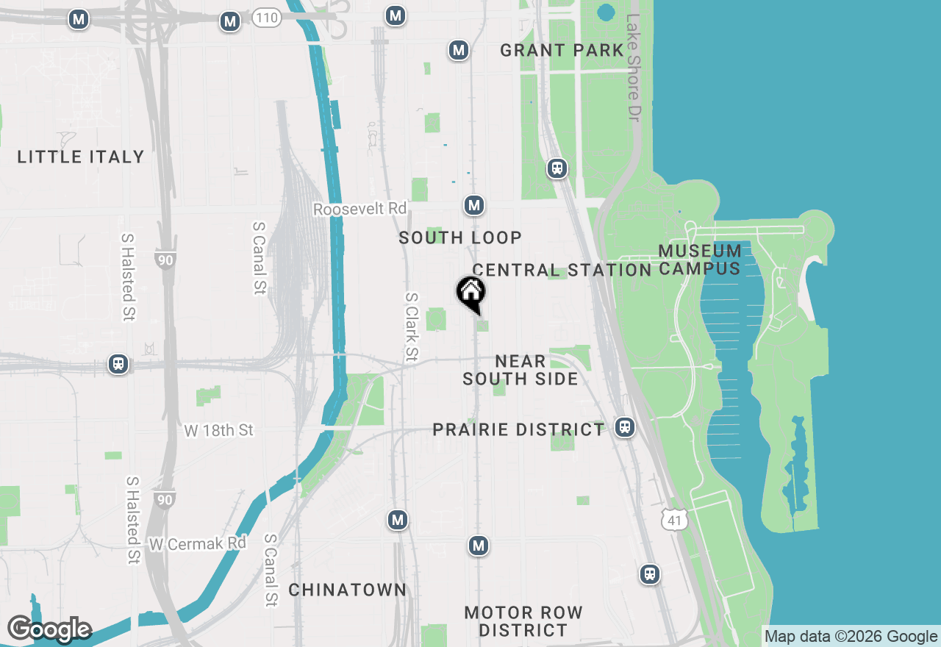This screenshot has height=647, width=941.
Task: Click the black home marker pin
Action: coord(470,292)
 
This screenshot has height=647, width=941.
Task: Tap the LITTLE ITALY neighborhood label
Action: coord(81,157)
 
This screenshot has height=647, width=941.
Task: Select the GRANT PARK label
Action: coord(562,50)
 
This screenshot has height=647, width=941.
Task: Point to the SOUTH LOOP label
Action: coord(460,237)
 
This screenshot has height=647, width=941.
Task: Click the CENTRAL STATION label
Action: coord(562,270)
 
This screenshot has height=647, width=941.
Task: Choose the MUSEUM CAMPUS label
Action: coord(699,260)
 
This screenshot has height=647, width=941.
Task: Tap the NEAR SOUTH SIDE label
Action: coord(520,370)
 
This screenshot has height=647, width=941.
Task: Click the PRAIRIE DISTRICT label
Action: coord(518,429)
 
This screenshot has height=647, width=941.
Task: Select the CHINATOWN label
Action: coord(347,590)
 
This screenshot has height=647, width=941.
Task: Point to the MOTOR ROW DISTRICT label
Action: coord(523,621)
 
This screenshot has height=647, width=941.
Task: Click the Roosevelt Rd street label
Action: coord(359,209)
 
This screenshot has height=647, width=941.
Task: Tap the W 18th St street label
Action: coord(218,430)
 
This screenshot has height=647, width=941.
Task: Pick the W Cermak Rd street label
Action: coord(197,544)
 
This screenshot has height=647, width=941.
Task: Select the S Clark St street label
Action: coord(412,327)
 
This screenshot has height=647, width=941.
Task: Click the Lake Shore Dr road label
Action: coord(634,68)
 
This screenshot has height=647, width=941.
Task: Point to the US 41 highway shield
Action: coord(674,521)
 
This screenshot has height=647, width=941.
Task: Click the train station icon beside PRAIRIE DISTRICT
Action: coord(625,426)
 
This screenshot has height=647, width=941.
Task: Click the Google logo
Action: coord(49,629)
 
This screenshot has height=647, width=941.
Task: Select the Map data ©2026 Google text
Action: coord(851,637)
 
